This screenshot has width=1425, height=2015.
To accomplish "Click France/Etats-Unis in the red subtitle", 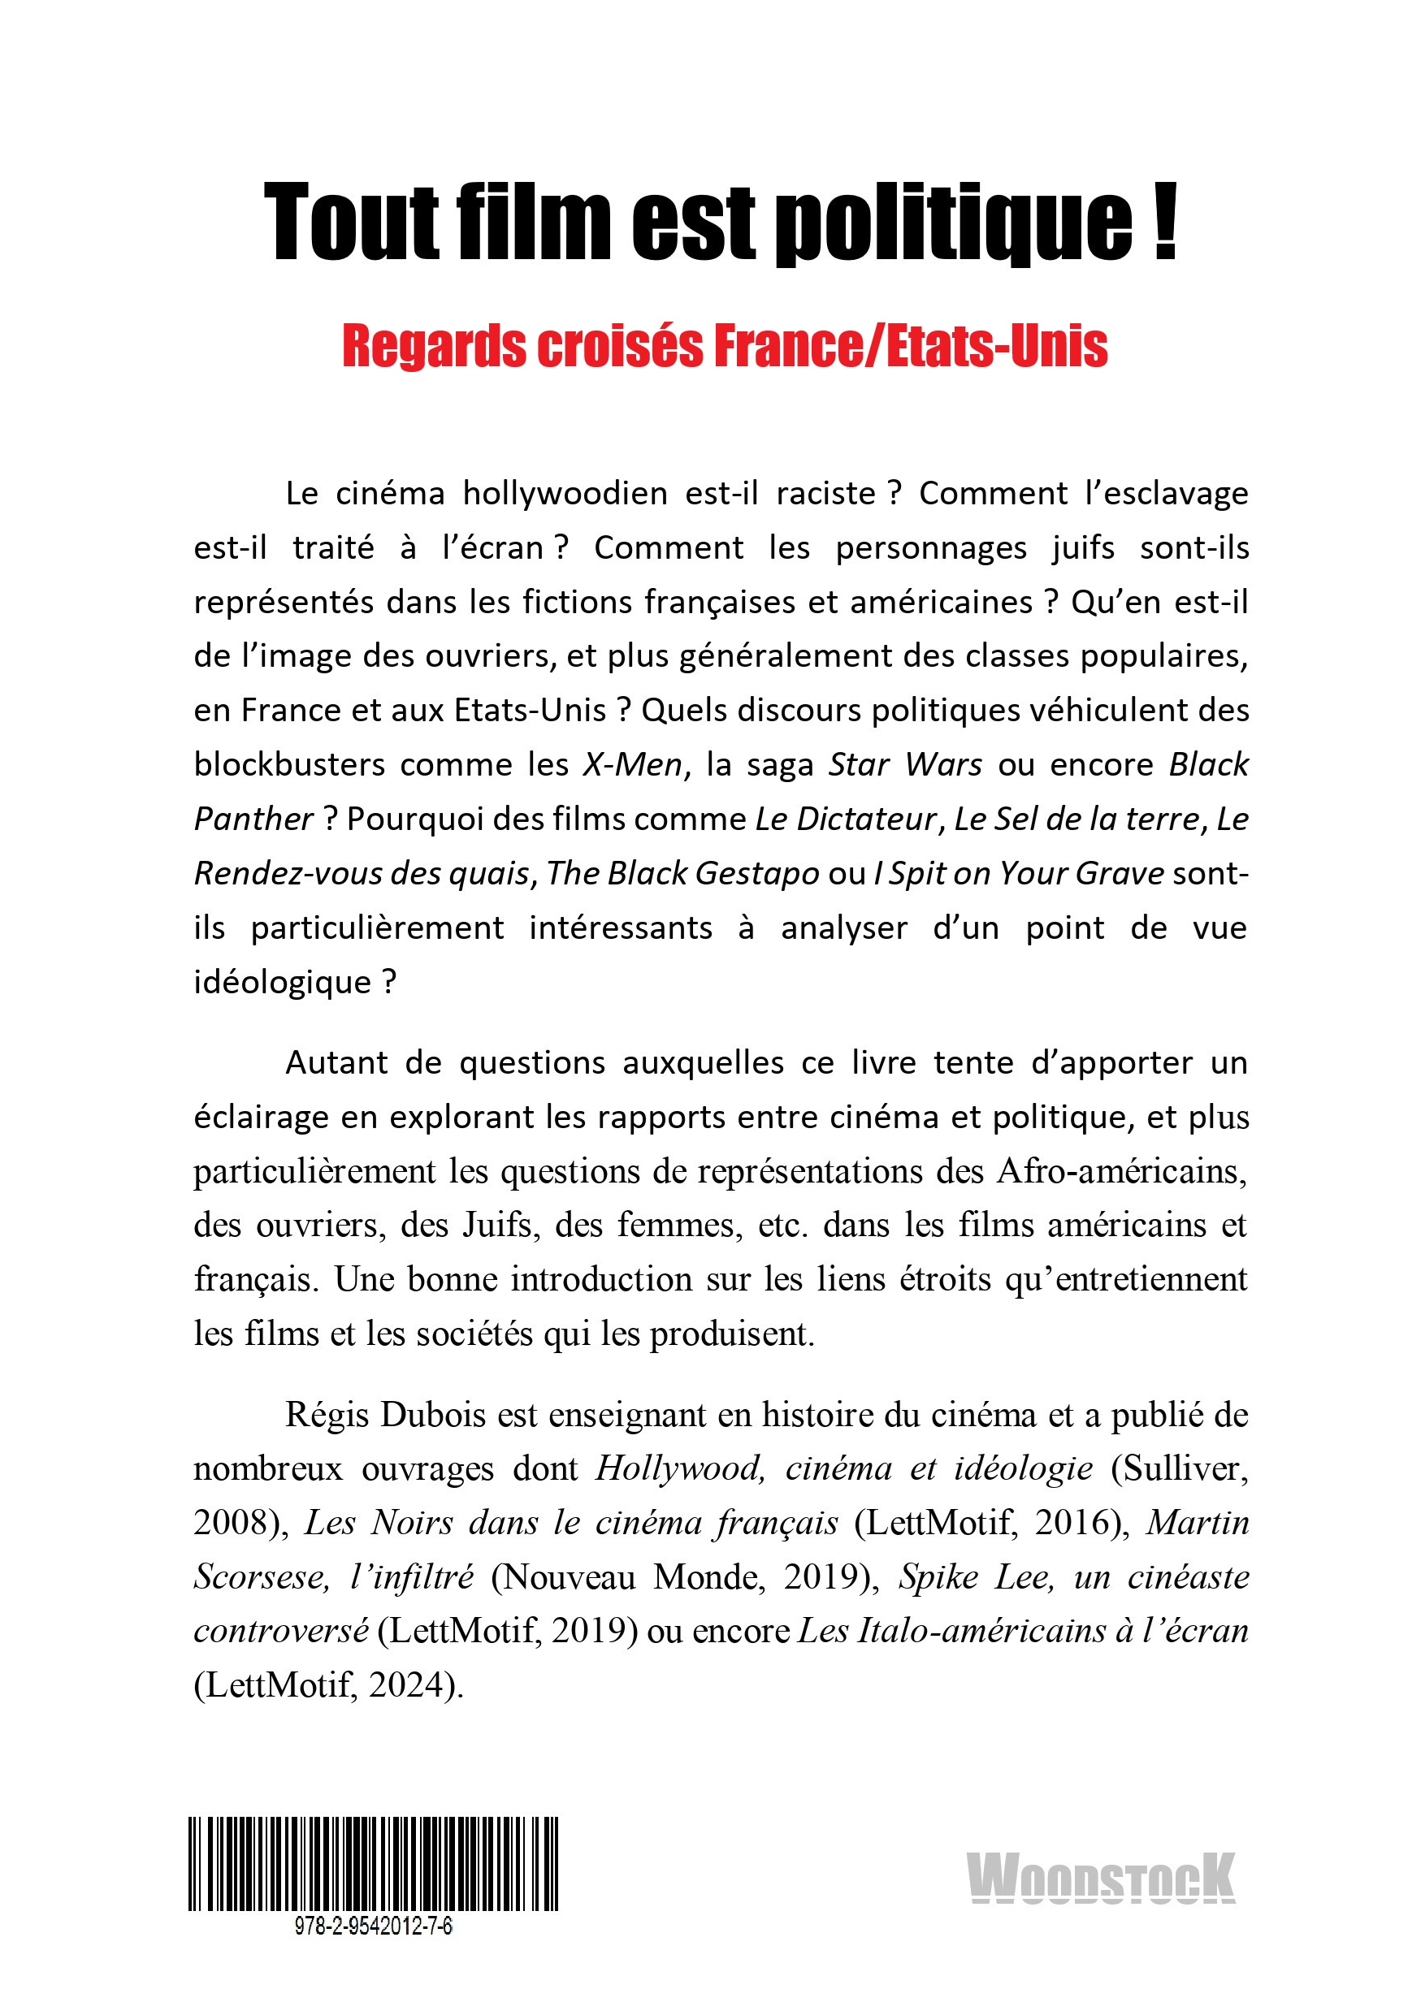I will point(910,347).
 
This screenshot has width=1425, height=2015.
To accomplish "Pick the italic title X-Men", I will point(632,765).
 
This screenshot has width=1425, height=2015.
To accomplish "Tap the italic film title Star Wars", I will point(905,765).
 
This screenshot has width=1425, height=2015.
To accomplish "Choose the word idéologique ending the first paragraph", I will point(283,982).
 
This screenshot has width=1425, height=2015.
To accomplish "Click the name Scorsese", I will point(261,1577).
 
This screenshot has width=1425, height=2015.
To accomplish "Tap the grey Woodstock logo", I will point(1100,1877).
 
